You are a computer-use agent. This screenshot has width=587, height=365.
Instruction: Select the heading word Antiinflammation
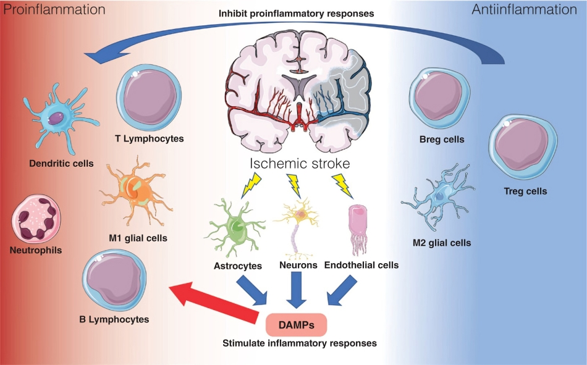coord(533,10)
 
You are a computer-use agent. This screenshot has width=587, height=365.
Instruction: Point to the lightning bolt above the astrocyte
coord(252,183)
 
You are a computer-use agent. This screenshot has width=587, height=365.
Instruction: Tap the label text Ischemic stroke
coord(300,164)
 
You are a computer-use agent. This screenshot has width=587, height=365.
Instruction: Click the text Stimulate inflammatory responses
coord(299,342)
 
